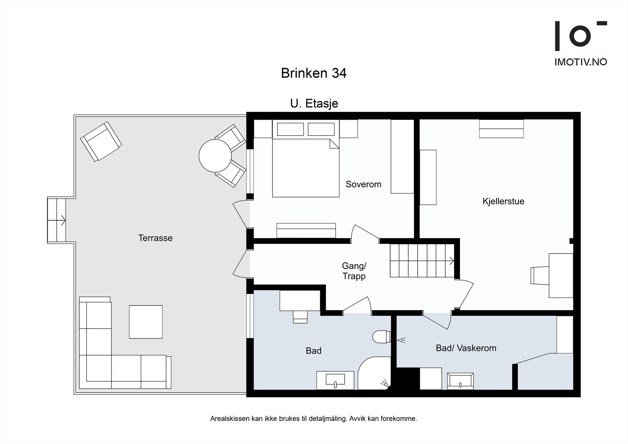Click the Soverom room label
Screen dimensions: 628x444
(x=363, y=184)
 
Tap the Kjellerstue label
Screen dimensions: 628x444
(x=503, y=201)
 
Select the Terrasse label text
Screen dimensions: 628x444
(x=155, y=238)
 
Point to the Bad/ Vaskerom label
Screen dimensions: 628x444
(x=466, y=348)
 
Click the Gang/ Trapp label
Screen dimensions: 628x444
(x=354, y=271)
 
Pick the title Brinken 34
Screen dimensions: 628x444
(x=314, y=73)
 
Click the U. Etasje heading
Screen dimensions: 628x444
(x=314, y=104)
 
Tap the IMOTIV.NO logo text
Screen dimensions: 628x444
(x=581, y=62)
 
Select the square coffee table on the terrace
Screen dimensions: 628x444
(x=146, y=322)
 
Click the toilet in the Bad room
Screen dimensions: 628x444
(x=381, y=336)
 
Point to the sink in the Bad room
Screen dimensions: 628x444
(x=335, y=380)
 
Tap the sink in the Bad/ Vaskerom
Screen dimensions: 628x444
(x=460, y=381)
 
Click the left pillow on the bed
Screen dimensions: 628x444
(x=290, y=129)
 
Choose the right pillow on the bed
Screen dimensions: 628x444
(x=321, y=129)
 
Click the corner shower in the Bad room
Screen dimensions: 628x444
(x=374, y=373)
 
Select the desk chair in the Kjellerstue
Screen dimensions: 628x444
(x=540, y=276)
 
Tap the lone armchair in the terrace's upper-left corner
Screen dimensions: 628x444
(x=101, y=141)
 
